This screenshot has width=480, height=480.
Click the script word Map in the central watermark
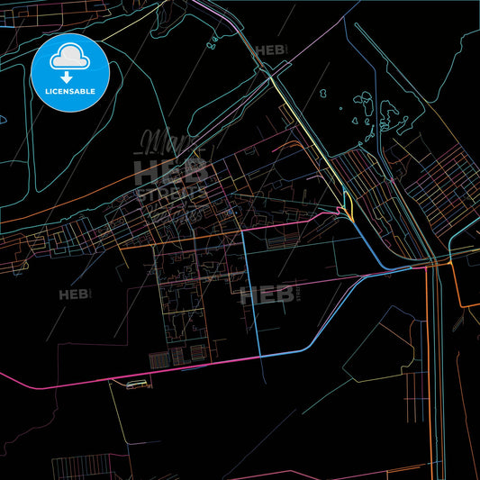pos(158,142)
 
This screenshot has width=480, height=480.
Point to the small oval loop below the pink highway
pos(138,385)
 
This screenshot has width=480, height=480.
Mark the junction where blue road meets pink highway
pos(260,357)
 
